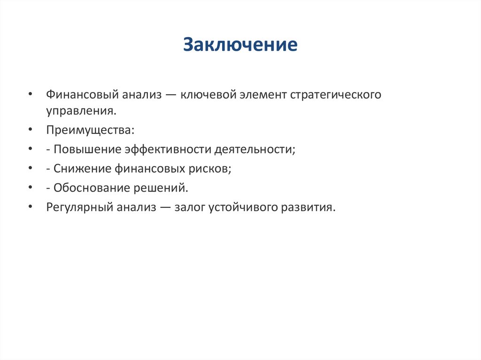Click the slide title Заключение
(x=240, y=45)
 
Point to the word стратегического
(x=335, y=95)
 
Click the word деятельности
(x=254, y=149)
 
